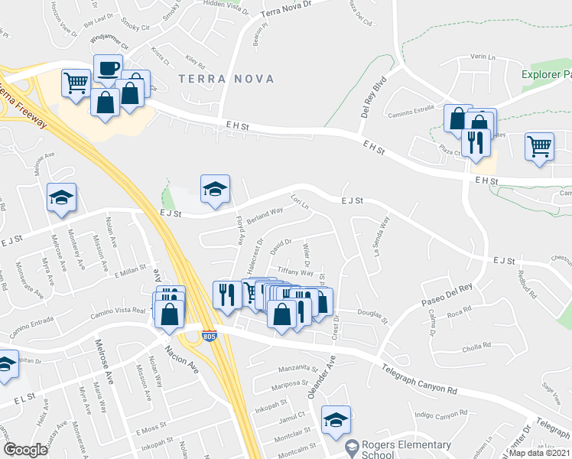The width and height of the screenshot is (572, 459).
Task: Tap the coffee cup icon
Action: tap(108, 68)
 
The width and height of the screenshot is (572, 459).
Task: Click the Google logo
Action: tap(25, 450)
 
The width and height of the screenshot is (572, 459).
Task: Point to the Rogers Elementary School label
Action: tap(388, 449)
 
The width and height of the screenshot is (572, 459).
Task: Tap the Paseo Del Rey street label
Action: tap(442, 295)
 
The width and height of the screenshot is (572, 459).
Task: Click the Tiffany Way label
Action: tap(295, 272)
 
